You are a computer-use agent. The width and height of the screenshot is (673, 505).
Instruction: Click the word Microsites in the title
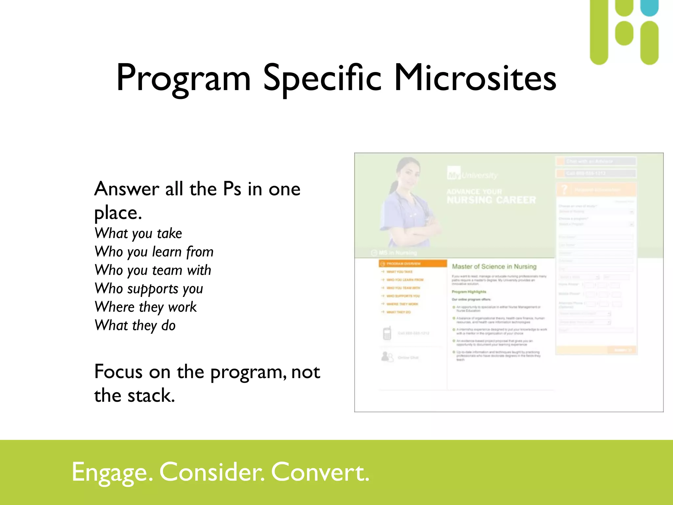pos(475,78)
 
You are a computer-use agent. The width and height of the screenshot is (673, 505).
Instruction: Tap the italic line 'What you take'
pos(138,233)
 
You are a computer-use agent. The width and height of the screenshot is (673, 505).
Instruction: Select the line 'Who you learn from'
pos(154,252)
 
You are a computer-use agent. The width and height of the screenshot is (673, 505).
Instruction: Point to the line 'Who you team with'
pos(153,270)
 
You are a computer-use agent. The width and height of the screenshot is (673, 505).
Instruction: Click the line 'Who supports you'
pos(149,289)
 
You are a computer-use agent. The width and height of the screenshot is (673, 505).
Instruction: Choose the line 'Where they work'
pos(146,307)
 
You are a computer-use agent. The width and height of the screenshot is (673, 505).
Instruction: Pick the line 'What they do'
pos(135,325)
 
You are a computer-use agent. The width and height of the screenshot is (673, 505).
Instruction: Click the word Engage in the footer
pos(112,472)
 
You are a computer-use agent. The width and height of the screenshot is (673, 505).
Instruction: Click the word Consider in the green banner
pos(212,472)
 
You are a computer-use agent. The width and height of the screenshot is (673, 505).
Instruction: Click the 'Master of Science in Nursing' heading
pos(494,267)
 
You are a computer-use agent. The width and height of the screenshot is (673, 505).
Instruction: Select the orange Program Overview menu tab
pos(413,264)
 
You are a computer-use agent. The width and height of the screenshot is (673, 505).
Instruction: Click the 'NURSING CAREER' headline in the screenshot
pos(491,200)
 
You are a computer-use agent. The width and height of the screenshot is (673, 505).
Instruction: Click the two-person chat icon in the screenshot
pos(387,357)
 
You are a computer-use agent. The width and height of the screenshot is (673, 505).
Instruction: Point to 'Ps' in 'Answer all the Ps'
pos(232,189)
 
